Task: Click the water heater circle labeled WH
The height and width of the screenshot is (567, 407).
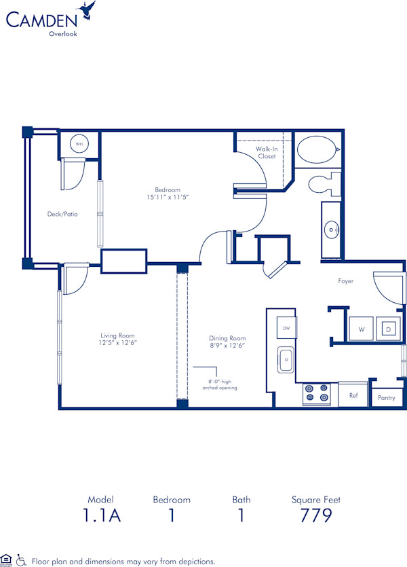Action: pos(79,144)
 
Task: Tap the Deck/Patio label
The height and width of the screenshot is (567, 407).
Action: pos(62,214)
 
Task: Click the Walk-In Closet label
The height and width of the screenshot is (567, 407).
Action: pos(266,152)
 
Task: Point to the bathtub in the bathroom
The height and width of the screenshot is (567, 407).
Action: pos(317,149)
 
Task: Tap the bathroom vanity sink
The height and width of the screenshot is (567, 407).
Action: pos(332,230)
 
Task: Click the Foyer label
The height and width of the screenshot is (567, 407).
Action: pos(345,281)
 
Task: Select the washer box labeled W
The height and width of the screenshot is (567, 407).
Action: pos(361,329)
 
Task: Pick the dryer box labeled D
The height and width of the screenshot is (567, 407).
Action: pos(389,329)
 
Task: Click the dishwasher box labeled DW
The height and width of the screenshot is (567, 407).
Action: pos(286,328)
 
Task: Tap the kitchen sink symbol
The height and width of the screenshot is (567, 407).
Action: pos(286,361)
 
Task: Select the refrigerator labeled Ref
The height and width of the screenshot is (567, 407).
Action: pos(353,394)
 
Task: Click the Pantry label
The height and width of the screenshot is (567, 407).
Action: pos(385,398)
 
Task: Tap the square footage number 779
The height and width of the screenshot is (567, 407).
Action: pos(315,516)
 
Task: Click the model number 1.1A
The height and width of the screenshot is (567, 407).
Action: pos(102,516)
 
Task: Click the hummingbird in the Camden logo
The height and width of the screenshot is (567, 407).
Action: pos(86,10)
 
